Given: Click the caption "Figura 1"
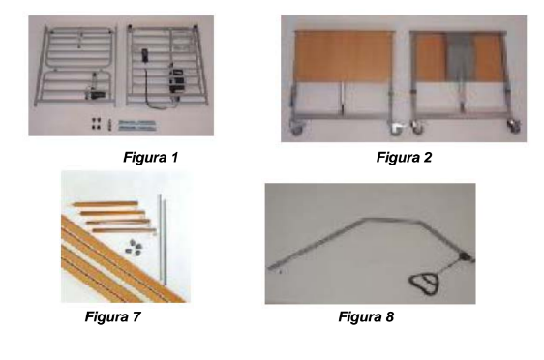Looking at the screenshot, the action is [x=151, y=157].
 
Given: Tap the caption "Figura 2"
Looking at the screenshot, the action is [x=405, y=157].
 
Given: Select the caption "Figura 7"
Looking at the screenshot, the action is [x=112, y=316].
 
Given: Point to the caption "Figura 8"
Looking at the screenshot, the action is [x=366, y=316].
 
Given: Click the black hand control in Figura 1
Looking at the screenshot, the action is [x=145, y=55].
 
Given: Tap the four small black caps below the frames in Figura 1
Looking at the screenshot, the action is [x=97, y=124].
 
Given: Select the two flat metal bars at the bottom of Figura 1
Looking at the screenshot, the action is [x=137, y=125].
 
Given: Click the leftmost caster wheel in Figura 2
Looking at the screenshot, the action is [x=295, y=130].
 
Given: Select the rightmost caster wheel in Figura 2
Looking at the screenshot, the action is [x=513, y=127].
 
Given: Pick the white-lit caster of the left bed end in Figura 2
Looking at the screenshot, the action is [x=396, y=129].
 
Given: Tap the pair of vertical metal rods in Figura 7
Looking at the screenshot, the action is [x=162, y=239].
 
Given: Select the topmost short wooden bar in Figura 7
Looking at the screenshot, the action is [x=106, y=204].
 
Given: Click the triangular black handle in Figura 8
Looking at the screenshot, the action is [x=425, y=281].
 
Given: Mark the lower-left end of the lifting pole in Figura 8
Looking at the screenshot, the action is [x=270, y=268].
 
